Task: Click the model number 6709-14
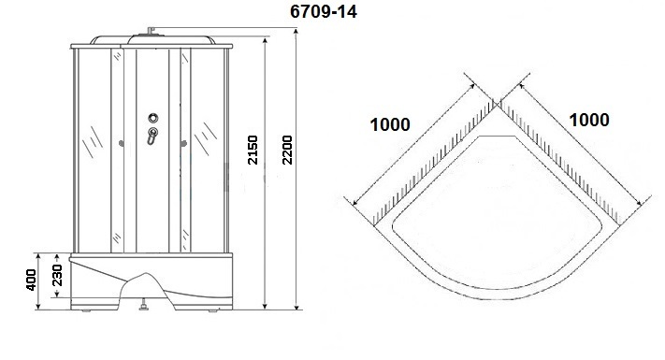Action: point(324,11)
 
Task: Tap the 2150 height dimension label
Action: point(253,150)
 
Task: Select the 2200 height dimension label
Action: point(287,150)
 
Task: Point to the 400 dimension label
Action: point(31,280)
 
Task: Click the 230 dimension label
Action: point(56,275)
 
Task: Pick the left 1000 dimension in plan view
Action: point(390,124)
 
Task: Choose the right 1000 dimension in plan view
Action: point(589,120)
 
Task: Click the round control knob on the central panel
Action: point(153,118)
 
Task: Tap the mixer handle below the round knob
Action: point(152,136)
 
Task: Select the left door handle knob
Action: point(122,144)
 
